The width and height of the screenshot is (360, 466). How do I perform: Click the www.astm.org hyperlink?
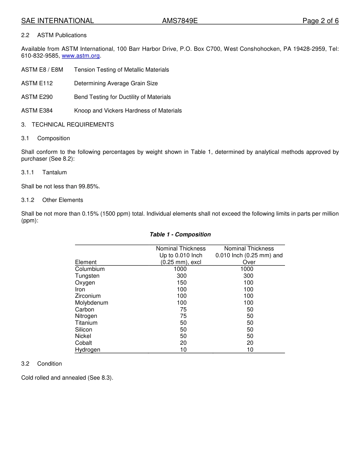coord(81,56)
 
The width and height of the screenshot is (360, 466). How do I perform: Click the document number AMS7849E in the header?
coord(180,21)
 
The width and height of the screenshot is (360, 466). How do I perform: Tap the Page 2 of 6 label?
coord(320,21)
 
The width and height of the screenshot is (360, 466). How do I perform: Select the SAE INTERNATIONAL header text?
coord(58,21)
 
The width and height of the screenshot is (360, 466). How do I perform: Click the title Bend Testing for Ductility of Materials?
coord(122,97)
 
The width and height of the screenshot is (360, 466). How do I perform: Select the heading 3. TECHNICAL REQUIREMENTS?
coord(67,125)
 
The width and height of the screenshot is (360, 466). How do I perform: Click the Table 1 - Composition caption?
coord(180,235)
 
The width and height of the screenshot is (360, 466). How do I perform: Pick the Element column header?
coord(86,262)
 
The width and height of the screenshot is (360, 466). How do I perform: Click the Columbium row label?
coord(90,269)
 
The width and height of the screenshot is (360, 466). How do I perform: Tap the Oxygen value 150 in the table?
coord(182,283)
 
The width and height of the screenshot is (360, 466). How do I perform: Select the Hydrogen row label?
coord(88,350)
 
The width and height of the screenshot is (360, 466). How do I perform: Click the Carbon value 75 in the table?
coord(183,310)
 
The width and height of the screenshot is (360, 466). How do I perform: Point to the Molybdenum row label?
coord(91,303)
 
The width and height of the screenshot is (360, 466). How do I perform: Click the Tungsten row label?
coord(87,276)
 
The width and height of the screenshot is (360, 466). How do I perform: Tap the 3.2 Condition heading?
coord(42,364)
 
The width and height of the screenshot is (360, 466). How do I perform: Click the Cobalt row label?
coord(83,343)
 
